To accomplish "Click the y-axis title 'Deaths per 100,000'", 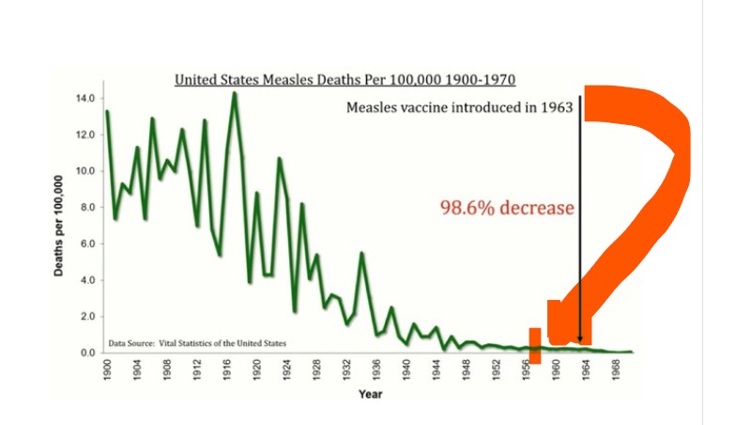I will [x=58, y=226].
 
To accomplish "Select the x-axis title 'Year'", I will [x=370, y=394].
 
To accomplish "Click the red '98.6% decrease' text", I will [x=507, y=208].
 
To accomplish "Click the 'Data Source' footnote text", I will [x=197, y=342].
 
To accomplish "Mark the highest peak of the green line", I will [x=234, y=92].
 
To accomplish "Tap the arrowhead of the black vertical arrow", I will [x=580, y=339].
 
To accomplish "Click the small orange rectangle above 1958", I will [x=535, y=345].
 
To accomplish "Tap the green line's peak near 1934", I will [x=361, y=253].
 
